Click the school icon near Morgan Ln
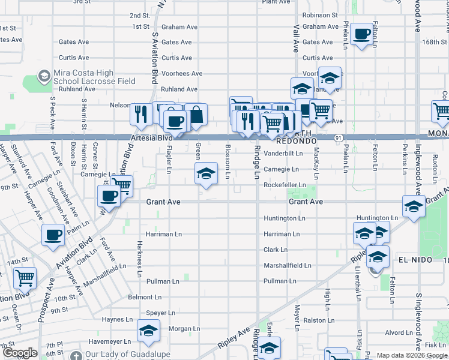coord(148,330)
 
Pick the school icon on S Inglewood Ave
coord(414,206)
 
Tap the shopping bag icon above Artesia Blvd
coord(196,114)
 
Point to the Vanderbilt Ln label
coord(282,154)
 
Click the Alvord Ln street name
coord(399,332)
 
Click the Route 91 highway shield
coord(339,137)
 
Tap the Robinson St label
coord(320,15)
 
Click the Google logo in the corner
coord(19,353)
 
